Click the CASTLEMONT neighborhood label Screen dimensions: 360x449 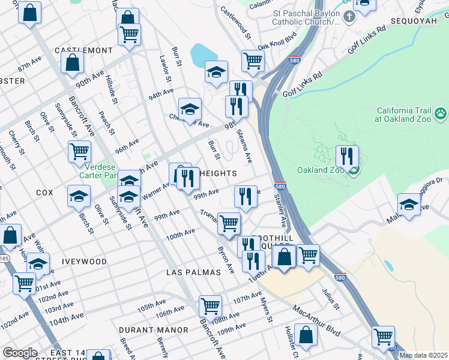coord(83,50)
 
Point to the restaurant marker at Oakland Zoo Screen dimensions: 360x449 coord(346,157)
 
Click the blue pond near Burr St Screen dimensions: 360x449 coord(203,56)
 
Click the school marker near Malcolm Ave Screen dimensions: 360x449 coord(409,204)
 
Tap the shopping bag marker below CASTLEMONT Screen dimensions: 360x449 coord(72,62)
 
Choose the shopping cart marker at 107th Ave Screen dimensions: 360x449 coord(210,306)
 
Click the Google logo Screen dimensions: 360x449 coord(20,353)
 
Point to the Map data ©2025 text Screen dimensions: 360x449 coord(423,355)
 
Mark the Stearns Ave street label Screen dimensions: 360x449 coord(244,145)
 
